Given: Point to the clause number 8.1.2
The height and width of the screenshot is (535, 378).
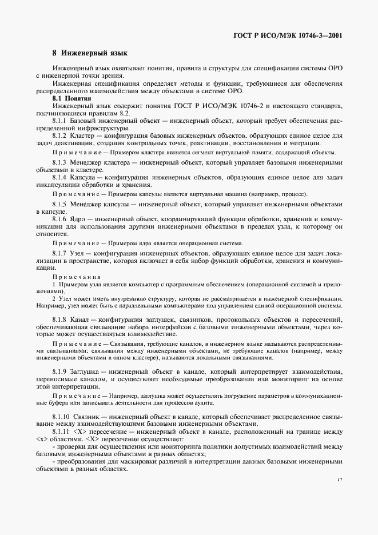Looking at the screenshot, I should click(x=59, y=136).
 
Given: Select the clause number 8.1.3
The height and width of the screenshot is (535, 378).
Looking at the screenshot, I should click(x=59, y=163).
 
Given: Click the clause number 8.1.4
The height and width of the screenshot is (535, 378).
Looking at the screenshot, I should click(x=59, y=177).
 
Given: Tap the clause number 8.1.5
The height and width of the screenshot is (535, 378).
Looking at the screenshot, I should click(x=59, y=204).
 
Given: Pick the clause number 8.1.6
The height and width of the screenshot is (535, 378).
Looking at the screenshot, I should click(x=59, y=219).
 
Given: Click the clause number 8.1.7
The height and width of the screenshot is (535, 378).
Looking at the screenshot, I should click(x=59, y=253).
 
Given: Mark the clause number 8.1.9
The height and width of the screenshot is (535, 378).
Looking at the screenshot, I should click(x=59, y=371).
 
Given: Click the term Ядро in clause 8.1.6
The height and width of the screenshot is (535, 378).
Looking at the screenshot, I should click(x=79, y=219).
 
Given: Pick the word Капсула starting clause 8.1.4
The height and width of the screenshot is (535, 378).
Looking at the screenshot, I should click(x=85, y=177).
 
